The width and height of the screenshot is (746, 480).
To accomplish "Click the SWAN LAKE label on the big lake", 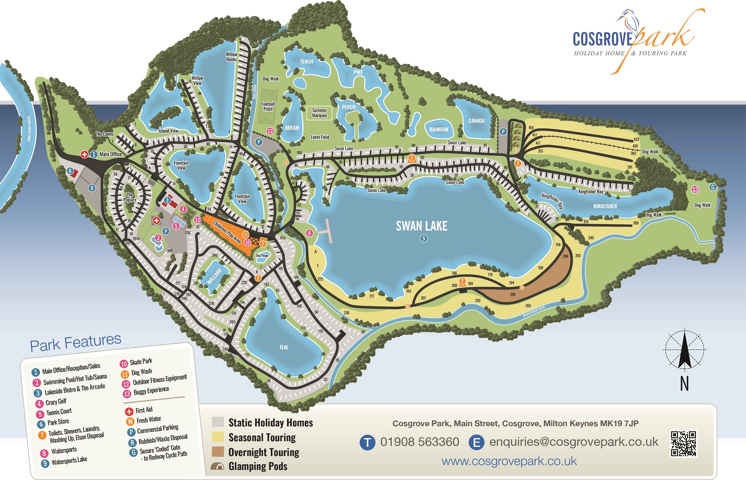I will coord(421,226).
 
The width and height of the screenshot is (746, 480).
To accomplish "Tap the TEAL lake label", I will coord(284,347).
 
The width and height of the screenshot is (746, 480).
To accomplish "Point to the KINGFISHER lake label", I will coord(605,206).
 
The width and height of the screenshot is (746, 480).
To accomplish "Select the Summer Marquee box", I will coord(319,113).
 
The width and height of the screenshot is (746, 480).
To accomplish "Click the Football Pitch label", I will coord(268,106).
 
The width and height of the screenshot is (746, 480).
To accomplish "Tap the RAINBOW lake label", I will coord(439,130).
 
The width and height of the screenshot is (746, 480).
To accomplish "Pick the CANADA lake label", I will coord(476,121).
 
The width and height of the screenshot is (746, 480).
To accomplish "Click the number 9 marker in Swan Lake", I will coord(423,239).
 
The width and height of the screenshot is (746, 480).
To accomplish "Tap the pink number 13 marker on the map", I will coord(695,189).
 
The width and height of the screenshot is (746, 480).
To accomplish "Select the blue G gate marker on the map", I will coord(713,187).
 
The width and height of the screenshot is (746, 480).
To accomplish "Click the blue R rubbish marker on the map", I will coord(92,188).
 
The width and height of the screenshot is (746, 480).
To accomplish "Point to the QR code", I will coord(683,444).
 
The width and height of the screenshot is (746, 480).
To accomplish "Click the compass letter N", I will coord(684,384).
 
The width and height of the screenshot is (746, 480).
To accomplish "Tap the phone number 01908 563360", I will coord(420,442).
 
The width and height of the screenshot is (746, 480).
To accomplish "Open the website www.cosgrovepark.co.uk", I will coord(509,461).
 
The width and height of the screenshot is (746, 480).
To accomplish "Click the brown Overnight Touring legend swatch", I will coord(218,452).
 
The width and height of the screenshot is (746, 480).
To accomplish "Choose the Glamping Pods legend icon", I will coord(217,466).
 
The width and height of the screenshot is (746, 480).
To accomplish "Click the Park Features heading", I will coord(75,343).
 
